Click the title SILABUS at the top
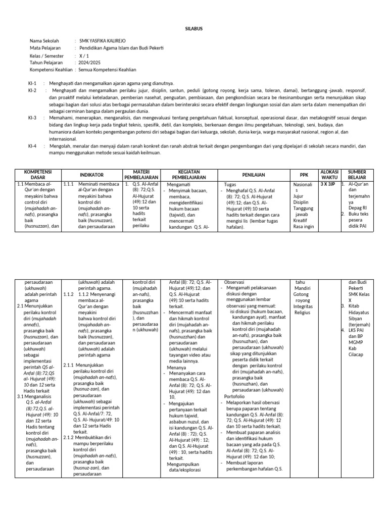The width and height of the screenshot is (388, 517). click(x=193, y=29)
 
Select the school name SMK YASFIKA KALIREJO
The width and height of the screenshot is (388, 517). click(x=104, y=41)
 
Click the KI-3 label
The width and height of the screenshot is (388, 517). click(x=32, y=117)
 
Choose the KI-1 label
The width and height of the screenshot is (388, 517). click(x=32, y=82)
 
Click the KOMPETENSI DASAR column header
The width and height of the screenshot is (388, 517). click(x=38, y=174)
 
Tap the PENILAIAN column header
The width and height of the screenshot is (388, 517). click(x=254, y=174)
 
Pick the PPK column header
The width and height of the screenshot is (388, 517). click(x=303, y=174)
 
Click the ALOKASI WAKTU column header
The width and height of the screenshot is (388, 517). click(x=329, y=174)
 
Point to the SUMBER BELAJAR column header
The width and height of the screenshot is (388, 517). click(x=357, y=174)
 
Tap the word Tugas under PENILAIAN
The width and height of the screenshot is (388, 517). click(x=230, y=185)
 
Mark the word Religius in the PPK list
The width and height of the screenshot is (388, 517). click(x=303, y=312)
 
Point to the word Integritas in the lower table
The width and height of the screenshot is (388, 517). click(x=304, y=306)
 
